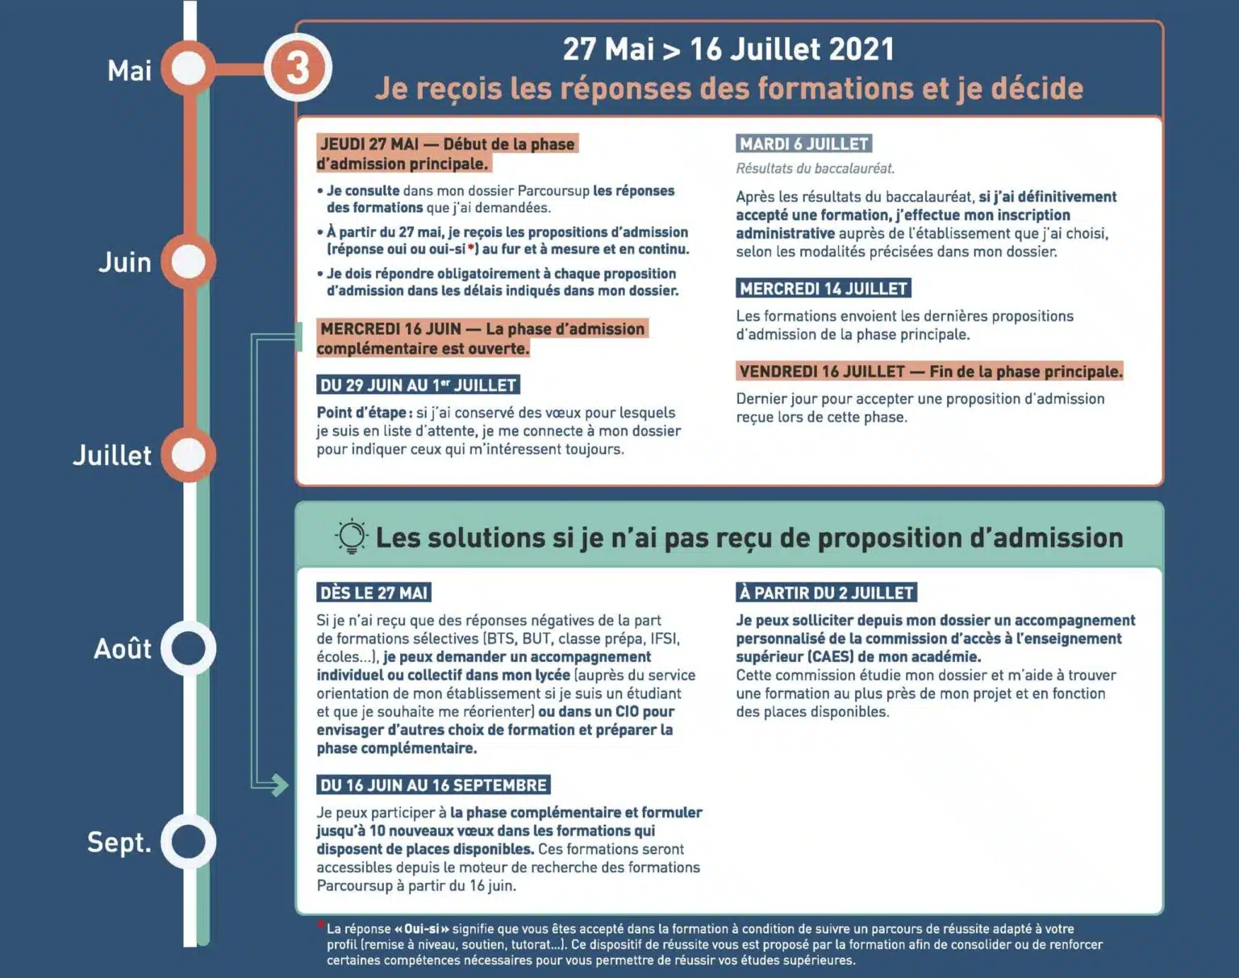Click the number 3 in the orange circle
[x=298, y=68]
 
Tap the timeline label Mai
[x=129, y=70]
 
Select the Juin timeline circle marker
[x=189, y=262]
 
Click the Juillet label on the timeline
[x=112, y=456]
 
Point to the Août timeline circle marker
[x=189, y=648]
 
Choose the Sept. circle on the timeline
[x=189, y=842]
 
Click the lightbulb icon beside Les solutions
[x=352, y=536]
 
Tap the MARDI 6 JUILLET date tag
[x=803, y=144]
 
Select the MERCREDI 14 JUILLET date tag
[x=824, y=289]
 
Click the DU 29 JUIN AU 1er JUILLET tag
[x=418, y=385]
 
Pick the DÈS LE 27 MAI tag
[x=373, y=593]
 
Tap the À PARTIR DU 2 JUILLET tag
[x=826, y=593]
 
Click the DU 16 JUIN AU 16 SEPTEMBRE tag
[x=433, y=785]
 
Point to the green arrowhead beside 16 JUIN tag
[x=279, y=784]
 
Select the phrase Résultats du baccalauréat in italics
[x=815, y=169]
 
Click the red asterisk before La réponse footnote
[x=321, y=925]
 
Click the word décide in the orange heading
[x=1037, y=89]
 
